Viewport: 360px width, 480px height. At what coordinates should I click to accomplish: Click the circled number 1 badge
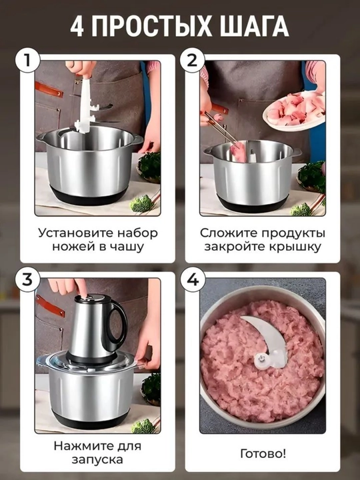click(x=27, y=60)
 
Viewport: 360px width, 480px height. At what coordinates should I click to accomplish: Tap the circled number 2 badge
click(x=192, y=60)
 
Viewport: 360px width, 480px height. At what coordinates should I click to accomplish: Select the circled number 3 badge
click(x=27, y=279)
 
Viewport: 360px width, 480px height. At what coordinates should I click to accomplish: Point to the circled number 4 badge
click(x=192, y=279)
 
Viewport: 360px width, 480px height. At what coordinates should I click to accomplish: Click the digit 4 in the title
click(x=77, y=26)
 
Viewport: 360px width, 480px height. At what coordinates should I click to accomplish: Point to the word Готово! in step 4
click(x=263, y=453)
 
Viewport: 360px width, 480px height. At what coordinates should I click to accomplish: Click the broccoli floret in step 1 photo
click(x=141, y=203)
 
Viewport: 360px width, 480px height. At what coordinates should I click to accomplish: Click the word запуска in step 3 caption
click(x=97, y=460)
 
